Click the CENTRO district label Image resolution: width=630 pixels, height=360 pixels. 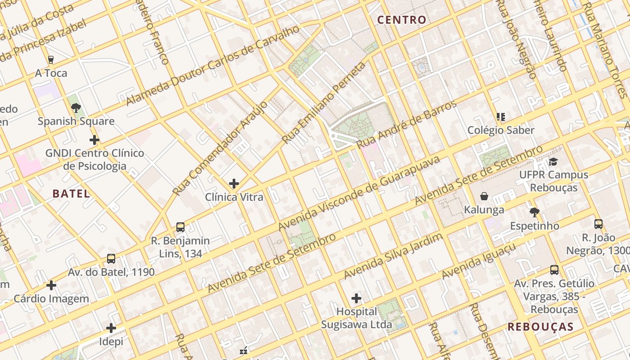tap(401, 20)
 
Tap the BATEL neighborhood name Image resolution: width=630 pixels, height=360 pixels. tap(71, 194)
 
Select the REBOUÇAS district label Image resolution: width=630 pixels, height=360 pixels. tap(540, 327)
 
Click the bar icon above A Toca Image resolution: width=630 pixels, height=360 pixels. tap(51, 59)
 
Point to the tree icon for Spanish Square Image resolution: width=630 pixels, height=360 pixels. tap(76, 108)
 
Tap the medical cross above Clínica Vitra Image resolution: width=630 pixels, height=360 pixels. tap(234, 183)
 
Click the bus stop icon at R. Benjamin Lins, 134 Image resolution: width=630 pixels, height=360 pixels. tap(180, 227)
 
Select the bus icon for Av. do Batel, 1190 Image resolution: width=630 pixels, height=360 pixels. tap(111, 259)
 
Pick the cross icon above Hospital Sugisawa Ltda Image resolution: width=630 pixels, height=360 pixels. tap(356, 298)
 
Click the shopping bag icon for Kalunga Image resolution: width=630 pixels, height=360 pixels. tap(484, 196)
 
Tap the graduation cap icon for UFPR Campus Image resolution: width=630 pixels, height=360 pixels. tap(553, 162)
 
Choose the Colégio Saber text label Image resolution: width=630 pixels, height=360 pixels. tap(501, 130)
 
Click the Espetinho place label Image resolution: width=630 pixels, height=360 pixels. tap(534, 226)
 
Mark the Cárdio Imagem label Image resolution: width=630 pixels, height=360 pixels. tap(51, 299)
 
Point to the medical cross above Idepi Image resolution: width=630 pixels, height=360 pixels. tap(111, 328)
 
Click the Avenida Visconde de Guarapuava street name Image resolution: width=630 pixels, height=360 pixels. tap(359, 193)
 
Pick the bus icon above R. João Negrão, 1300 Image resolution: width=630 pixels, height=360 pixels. tap(598, 224)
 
